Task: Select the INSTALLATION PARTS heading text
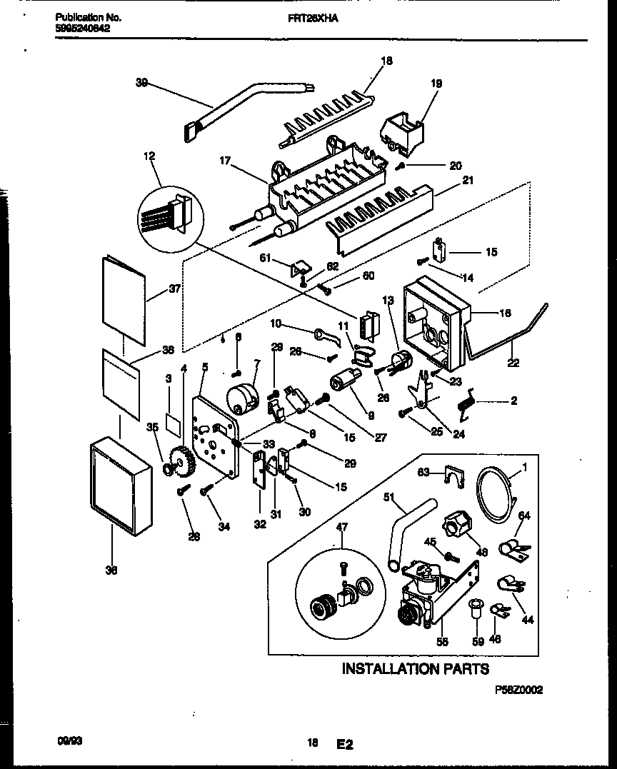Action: (415, 669)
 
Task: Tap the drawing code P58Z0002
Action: (518, 690)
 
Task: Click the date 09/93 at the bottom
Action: (68, 742)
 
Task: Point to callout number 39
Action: (141, 82)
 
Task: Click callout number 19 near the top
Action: (436, 84)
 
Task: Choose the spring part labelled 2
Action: (466, 405)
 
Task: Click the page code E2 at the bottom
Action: (344, 744)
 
